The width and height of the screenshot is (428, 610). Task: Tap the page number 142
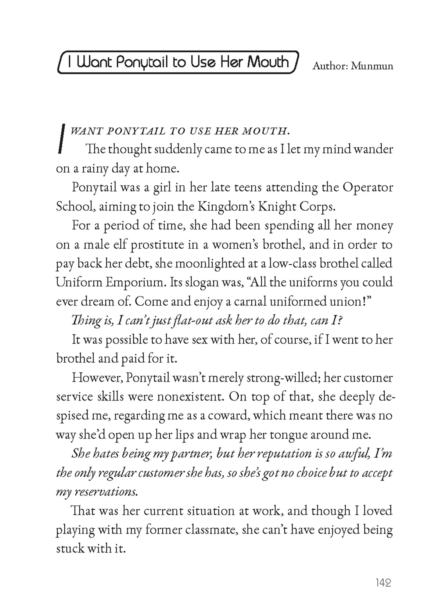(x=383, y=583)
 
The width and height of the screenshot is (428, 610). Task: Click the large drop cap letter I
(x=62, y=138)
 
